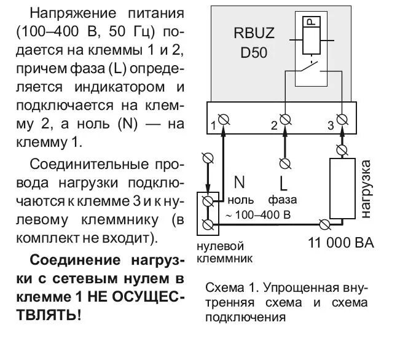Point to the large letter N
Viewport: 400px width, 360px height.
tap(240, 182)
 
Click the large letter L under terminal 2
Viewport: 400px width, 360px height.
tap(283, 183)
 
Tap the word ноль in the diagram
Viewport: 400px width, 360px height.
tap(240, 200)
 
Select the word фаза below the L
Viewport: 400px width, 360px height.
tap(282, 200)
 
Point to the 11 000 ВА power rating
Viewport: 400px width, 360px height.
tap(340, 242)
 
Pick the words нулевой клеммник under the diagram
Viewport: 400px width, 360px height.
tap(225, 252)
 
